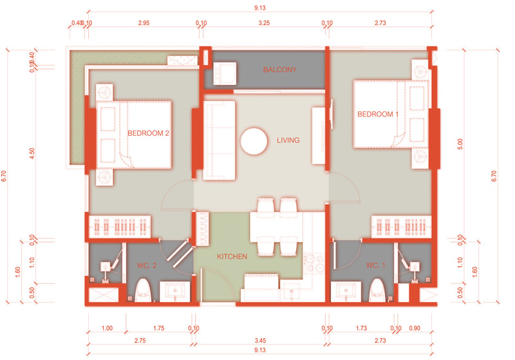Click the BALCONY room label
tap(280, 70)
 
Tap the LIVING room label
tap(288, 140)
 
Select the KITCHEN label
tap(232, 256)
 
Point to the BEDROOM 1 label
tap(378, 114)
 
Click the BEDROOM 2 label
tap(148, 133)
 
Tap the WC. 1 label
tap(375, 265)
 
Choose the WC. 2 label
tap(147, 265)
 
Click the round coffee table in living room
tap(254, 141)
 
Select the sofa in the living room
tap(219, 140)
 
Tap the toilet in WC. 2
tap(143, 290)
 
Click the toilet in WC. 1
tap(377, 290)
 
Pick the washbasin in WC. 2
tap(174, 292)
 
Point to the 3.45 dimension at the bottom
tap(260, 341)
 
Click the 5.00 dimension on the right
tap(460, 144)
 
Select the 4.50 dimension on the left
tap(32, 153)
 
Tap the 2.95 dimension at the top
tap(144, 23)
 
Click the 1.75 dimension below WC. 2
tap(158, 328)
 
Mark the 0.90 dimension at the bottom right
tap(415, 328)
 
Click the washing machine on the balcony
tap(225, 73)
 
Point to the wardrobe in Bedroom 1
tap(401, 227)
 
